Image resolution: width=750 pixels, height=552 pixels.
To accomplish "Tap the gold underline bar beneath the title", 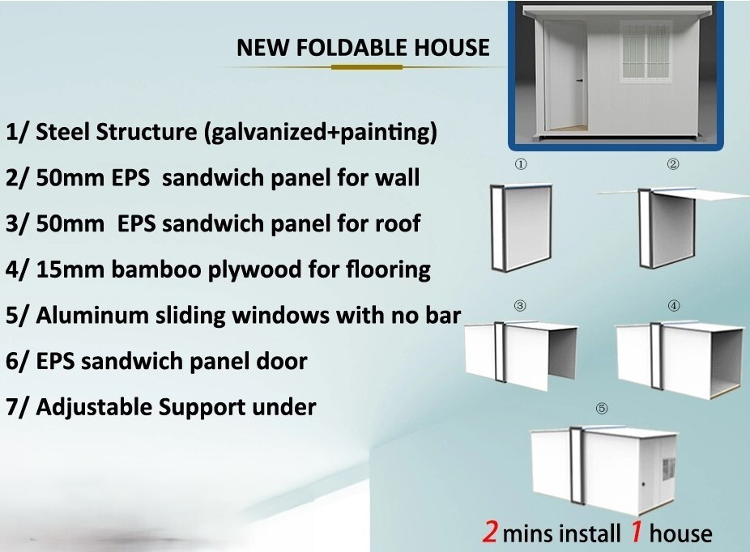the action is (367, 67).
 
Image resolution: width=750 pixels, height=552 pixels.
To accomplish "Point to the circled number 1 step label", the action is (521, 164).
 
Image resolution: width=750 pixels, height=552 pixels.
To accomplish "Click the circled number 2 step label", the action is (673, 164).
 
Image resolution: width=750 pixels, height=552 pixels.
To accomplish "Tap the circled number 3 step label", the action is (520, 305).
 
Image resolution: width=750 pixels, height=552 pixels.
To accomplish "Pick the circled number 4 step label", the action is (674, 305).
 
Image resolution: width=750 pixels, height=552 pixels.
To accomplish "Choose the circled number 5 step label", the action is (602, 408).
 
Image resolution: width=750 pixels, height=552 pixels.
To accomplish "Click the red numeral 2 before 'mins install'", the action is (490, 531).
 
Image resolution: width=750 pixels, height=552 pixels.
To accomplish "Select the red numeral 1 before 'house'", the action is (636, 531).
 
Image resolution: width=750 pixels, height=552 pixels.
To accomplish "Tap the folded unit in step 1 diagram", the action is (521, 227).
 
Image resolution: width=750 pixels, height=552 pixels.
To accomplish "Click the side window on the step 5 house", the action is (668, 469).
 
